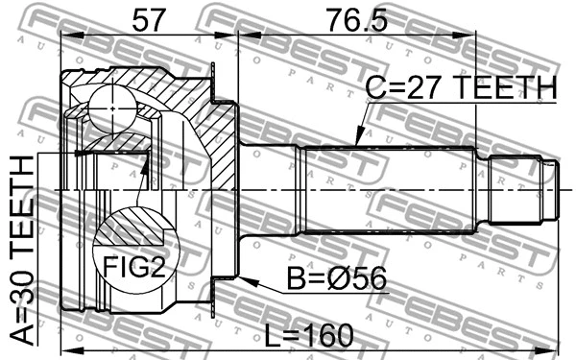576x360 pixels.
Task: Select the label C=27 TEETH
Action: coord(460,88)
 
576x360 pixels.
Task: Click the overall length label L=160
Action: coord(309,335)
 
